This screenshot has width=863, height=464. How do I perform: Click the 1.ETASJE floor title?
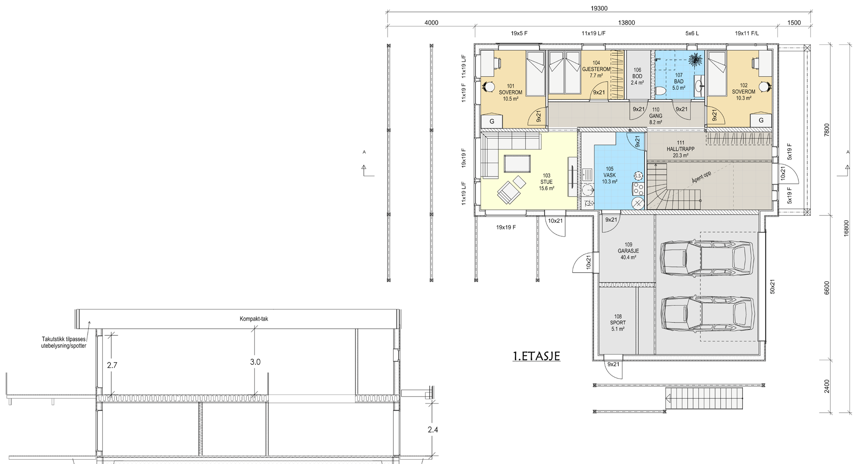coord(536,356)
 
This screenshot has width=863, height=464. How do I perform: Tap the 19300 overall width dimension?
coord(598,9)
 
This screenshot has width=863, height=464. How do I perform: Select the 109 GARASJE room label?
coord(628,251)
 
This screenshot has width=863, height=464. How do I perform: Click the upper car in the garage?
coord(707,258)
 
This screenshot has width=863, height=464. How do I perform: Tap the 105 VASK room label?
coord(609,175)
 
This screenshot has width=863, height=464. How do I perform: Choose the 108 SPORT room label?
coord(618,322)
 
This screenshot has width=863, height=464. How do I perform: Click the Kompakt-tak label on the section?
coord(254,319)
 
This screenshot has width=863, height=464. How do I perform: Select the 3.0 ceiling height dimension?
coord(255,362)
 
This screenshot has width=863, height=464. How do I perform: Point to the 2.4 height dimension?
coord(433,430)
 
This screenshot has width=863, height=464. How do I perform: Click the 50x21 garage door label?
coord(772,287)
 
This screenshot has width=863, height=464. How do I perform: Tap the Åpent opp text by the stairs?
coord(701,177)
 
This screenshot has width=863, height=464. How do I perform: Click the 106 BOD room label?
coord(637,76)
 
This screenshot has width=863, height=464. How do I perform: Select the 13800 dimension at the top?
coord(626,23)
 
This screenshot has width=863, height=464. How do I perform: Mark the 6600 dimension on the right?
coord(827,288)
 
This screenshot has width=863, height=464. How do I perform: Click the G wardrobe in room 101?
coord(492,121)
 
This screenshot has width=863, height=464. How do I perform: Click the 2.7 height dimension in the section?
coord(112,365)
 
